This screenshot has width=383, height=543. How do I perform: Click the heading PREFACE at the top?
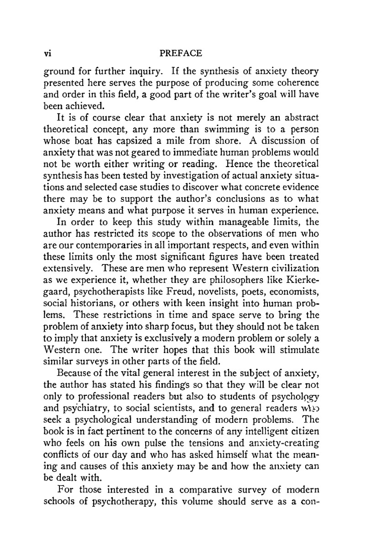pos(180,53)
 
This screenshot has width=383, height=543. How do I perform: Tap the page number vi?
pos(48,53)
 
